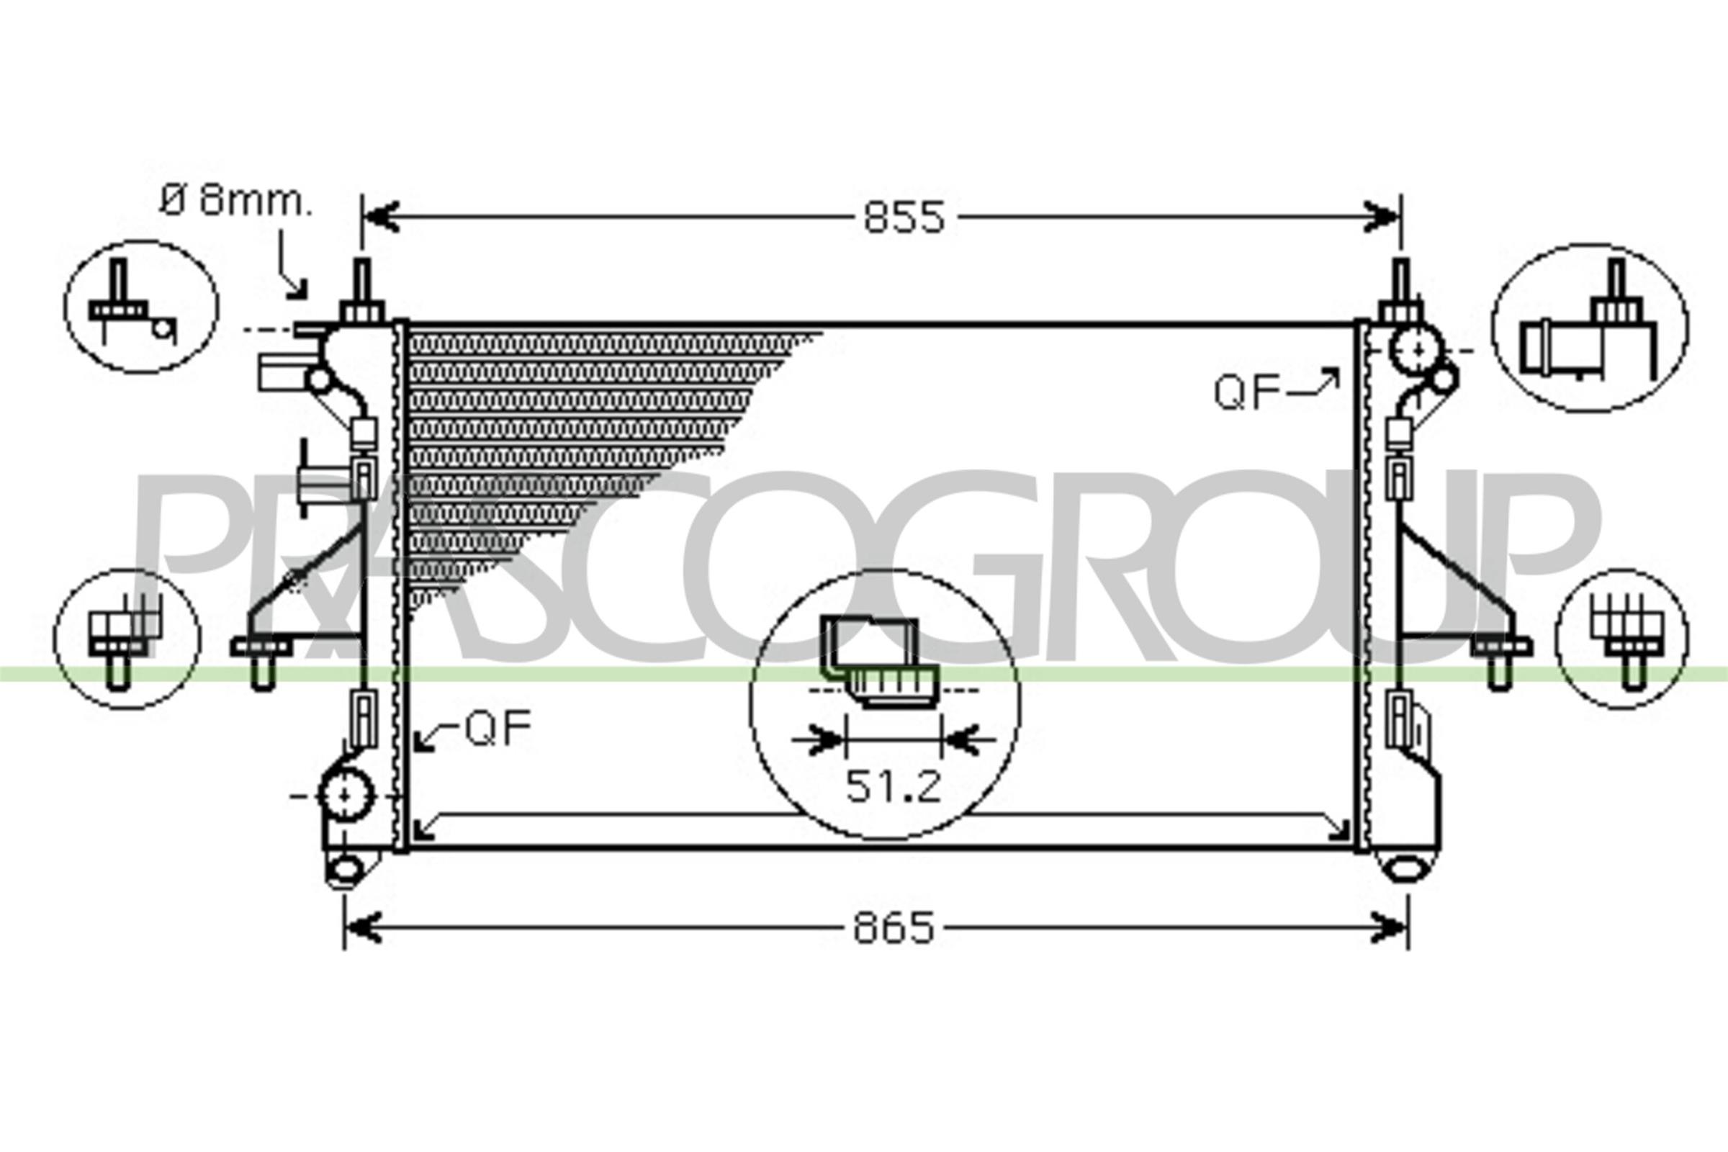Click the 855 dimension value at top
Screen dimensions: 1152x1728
(x=904, y=218)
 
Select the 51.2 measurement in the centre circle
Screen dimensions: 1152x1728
(x=893, y=787)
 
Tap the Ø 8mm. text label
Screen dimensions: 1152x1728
(x=235, y=201)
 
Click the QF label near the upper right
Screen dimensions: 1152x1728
(x=1247, y=392)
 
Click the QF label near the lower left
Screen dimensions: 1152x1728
(x=498, y=729)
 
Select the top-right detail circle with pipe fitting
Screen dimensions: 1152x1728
(x=1589, y=328)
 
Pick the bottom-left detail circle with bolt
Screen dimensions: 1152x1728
(x=127, y=639)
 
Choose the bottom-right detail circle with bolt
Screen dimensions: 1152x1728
(x=1621, y=639)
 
